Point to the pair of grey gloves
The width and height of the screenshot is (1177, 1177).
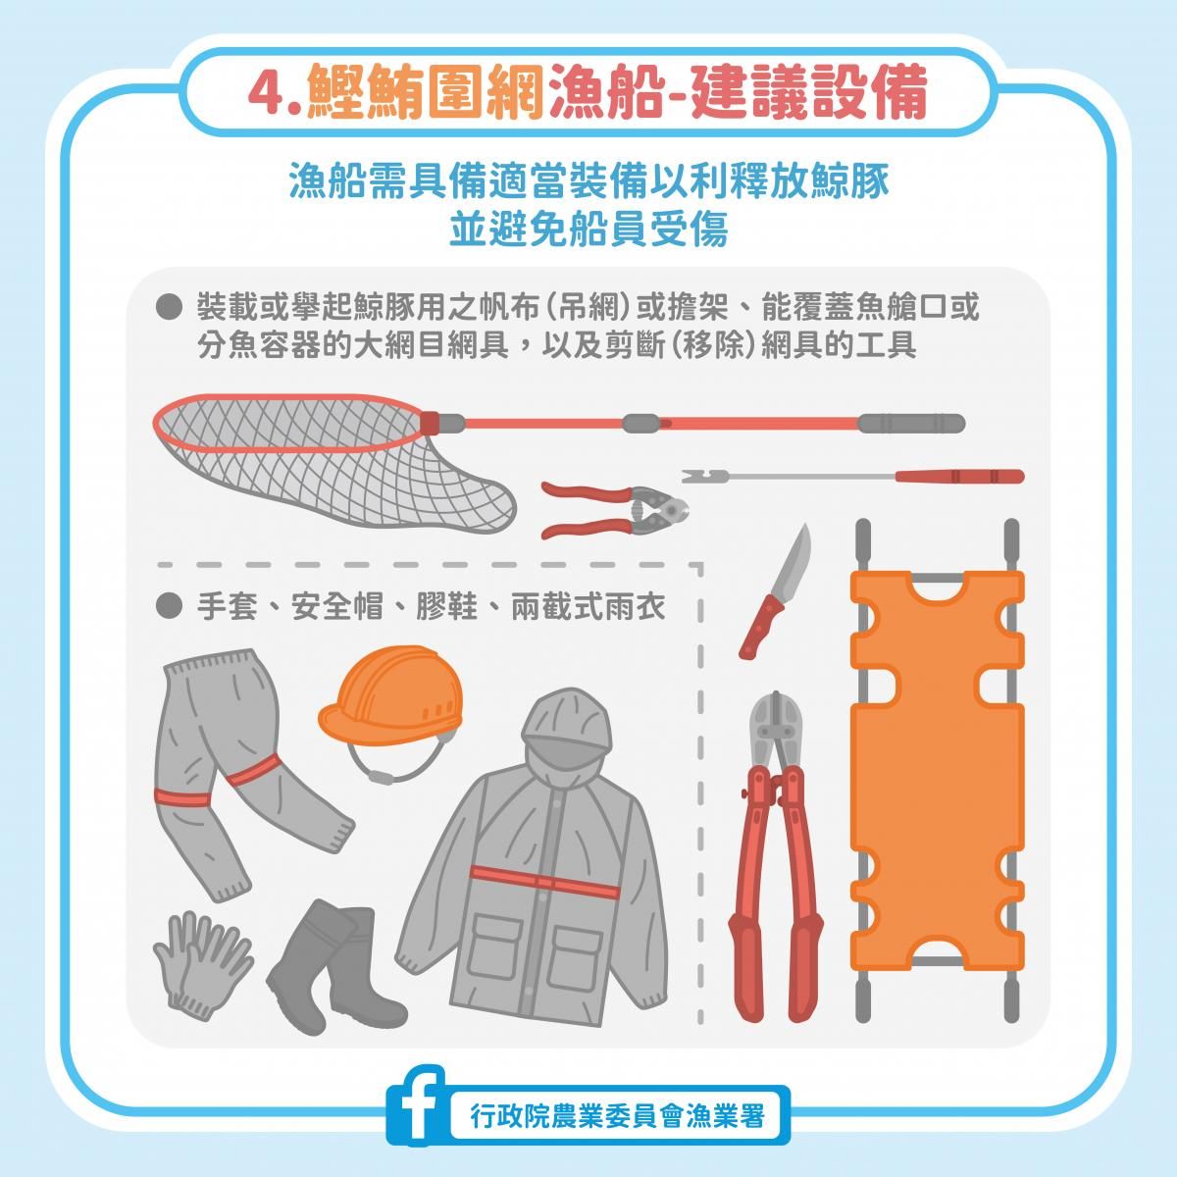(203, 965)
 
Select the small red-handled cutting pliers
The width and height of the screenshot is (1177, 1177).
(614, 509)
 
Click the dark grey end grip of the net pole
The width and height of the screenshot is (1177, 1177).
(911, 423)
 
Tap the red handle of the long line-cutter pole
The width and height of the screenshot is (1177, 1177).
(959, 476)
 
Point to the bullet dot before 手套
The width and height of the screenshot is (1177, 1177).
(169, 606)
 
